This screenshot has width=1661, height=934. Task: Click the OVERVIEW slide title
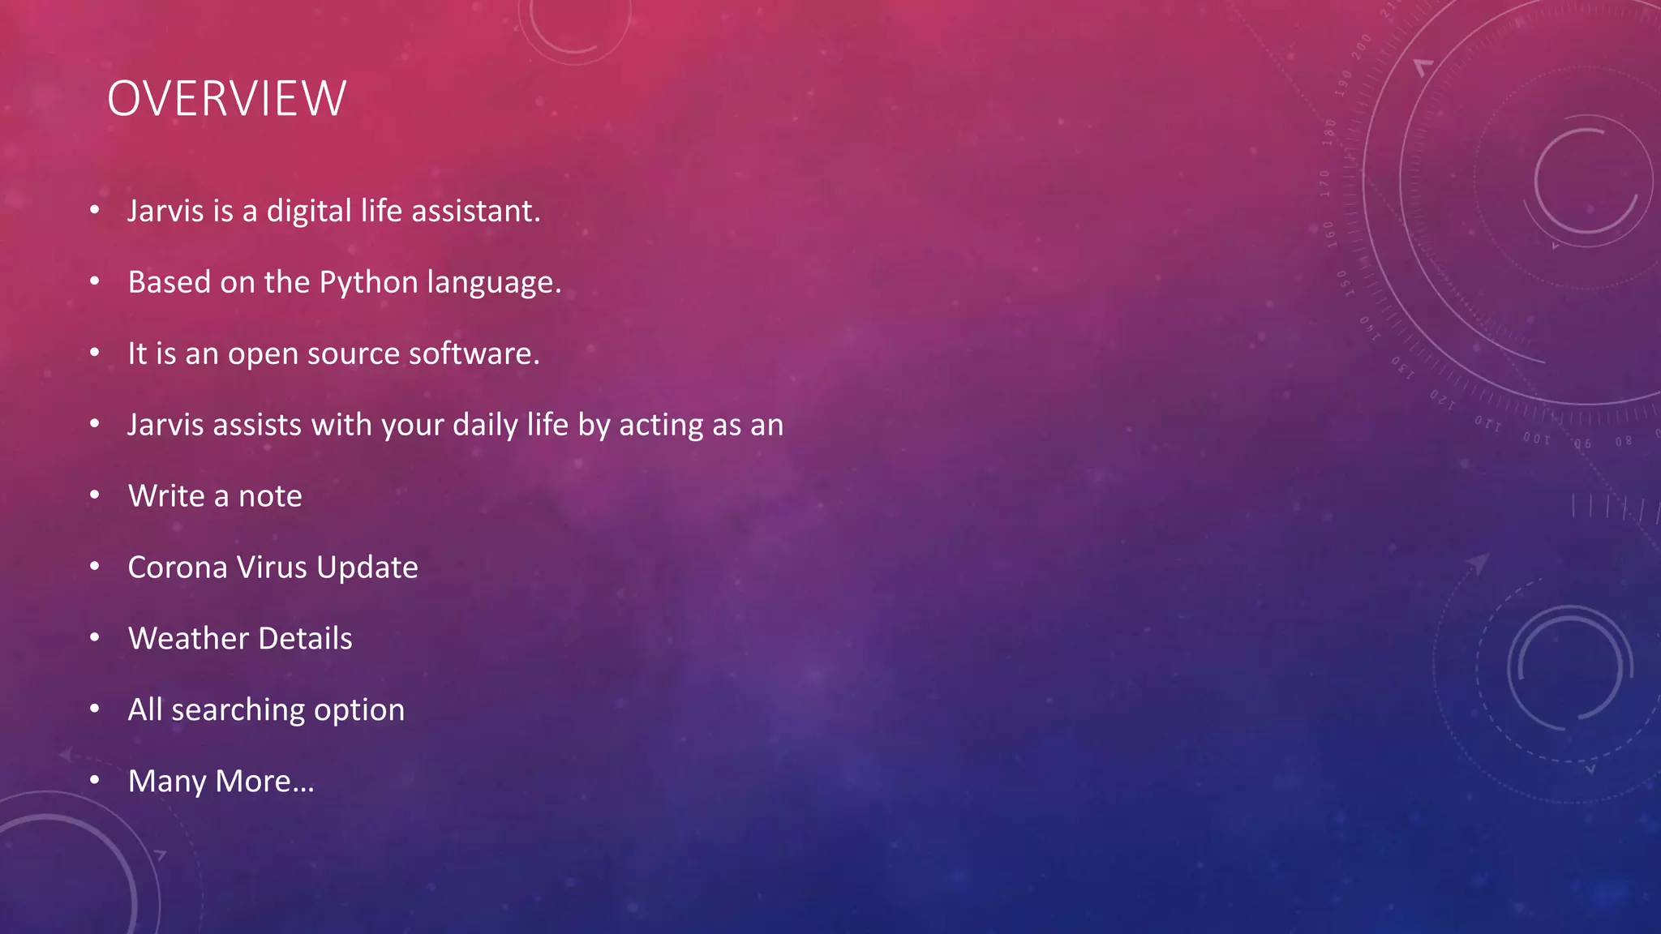[x=226, y=99]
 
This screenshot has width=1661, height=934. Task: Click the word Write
[x=166, y=496]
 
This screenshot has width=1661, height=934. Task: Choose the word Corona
[x=178, y=568]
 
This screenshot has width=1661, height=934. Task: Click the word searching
[x=238, y=710]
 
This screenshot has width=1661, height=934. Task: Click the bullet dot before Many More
[x=95, y=780]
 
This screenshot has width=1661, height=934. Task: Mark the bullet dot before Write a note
[x=95, y=495]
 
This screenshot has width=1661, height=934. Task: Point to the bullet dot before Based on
[x=95, y=281]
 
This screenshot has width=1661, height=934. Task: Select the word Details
[x=305, y=639]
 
